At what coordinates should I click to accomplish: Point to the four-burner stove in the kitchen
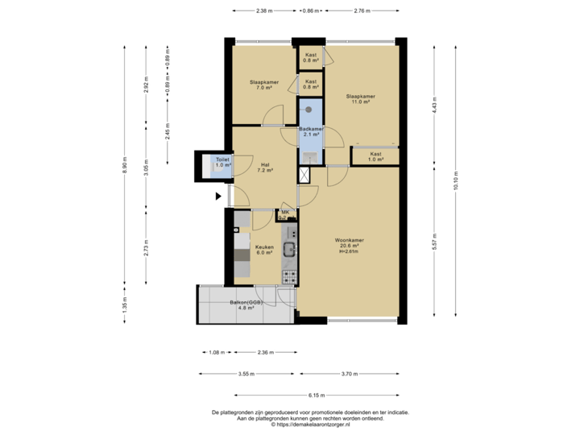click(x=289, y=276)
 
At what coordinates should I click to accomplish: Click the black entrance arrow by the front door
click(x=218, y=195)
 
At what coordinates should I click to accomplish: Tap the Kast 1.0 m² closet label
click(x=375, y=156)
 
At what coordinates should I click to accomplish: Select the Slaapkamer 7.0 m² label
click(x=263, y=85)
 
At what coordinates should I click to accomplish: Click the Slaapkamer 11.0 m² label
click(x=361, y=99)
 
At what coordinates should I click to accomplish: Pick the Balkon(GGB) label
click(x=246, y=305)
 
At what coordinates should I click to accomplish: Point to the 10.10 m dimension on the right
click(x=457, y=184)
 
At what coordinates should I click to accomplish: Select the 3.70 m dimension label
click(x=348, y=374)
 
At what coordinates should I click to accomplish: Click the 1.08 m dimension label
click(x=215, y=352)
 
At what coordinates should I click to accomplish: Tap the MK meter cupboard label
click(x=284, y=213)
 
